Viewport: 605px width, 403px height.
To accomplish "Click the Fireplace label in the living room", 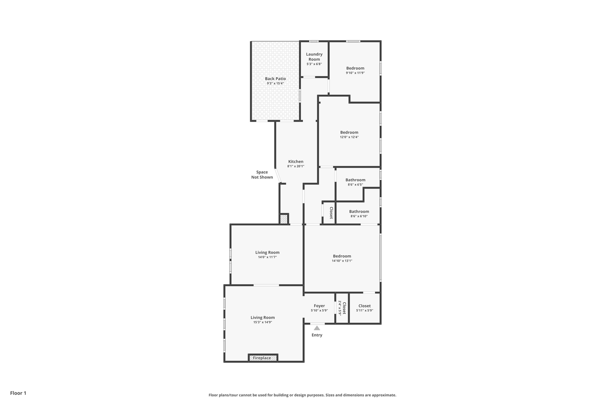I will (x=262, y=358).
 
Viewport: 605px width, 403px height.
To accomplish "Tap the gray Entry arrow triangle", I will (x=317, y=328).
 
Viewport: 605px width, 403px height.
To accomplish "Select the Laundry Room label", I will (x=314, y=57).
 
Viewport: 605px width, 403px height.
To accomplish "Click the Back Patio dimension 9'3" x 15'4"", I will (x=275, y=84).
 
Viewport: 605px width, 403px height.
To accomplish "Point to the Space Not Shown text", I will (x=262, y=175).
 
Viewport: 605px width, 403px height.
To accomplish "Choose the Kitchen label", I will (x=295, y=162).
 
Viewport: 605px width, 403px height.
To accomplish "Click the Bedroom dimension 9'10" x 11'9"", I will (x=355, y=73).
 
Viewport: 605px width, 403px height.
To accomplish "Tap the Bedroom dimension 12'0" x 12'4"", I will (x=349, y=137).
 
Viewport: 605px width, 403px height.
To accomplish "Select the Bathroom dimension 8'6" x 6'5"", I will (x=355, y=185).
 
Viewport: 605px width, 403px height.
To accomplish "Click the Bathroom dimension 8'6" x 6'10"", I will (x=359, y=216).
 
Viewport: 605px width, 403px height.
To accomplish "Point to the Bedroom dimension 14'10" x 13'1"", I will (x=342, y=261).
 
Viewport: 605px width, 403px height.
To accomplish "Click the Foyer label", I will (x=319, y=306).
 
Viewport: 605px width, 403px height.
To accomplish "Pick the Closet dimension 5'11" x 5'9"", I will (x=364, y=310).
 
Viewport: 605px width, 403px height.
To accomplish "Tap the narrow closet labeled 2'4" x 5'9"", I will (x=342, y=308).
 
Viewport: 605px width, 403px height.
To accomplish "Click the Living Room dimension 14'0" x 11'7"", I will (x=267, y=257).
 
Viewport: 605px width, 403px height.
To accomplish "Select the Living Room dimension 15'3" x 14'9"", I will (x=263, y=322).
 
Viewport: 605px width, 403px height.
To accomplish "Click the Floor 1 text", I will (x=18, y=393).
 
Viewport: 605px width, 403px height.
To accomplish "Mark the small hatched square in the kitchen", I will (x=284, y=219).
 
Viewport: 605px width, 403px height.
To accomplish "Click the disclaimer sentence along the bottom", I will (x=302, y=395).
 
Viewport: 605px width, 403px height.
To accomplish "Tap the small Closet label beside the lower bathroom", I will (x=331, y=213).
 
